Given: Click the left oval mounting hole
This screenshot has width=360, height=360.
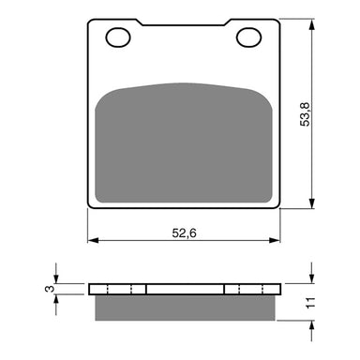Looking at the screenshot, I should (119, 37).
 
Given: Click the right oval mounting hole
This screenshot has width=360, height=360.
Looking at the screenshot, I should (248, 37).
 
